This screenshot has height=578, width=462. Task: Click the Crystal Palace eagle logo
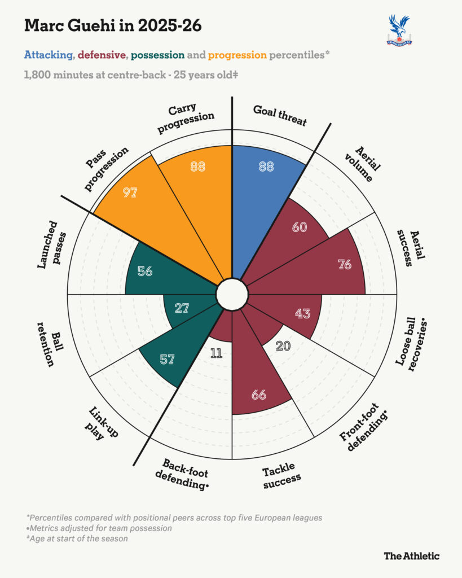(x=399, y=30)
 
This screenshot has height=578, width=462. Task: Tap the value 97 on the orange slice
(x=130, y=192)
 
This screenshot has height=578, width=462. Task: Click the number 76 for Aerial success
(x=345, y=264)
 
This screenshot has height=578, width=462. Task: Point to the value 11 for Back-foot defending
(x=216, y=353)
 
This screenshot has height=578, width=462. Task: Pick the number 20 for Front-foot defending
(x=283, y=346)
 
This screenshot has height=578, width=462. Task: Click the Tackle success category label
(x=281, y=476)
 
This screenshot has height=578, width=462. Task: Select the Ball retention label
(x=50, y=344)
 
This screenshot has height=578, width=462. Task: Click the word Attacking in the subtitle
(x=49, y=55)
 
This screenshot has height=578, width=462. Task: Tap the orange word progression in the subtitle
(x=237, y=55)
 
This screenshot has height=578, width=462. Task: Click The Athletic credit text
(x=412, y=556)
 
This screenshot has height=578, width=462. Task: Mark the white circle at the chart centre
(x=232, y=294)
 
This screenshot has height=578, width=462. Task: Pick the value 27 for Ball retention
(x=182, y=308)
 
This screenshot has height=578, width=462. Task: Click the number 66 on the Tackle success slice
(x=258, y=395)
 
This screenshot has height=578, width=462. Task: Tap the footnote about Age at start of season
(x=77, y=538)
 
